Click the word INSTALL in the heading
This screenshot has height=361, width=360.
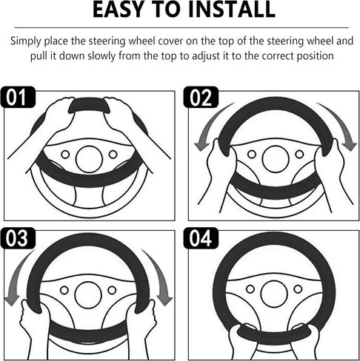[x=232, y=10]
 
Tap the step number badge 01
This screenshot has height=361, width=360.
[x=18, y=97]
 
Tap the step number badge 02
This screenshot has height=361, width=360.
[x=201, y=97]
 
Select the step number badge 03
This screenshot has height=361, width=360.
[x=18, y=238]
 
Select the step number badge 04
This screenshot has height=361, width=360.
[x=201, y=238]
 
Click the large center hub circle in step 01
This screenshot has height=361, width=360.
[x=89, y=159]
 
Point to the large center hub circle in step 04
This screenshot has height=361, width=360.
[x=274, y=294]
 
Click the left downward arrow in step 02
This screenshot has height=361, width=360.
[x=210, y=124]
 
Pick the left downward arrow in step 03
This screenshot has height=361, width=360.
[x=16, y=276]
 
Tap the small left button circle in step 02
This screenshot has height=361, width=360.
[x=252, y=155]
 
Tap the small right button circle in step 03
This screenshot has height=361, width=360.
[x=112, y=290]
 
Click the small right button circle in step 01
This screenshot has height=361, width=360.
[x=113, y=155]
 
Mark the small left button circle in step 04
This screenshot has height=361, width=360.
[x=250, y=289]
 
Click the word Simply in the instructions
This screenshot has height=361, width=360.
[x=26, y=41]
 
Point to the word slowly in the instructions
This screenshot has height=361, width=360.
[x=101, y=56]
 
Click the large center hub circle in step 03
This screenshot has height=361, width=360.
[x=88, y=295]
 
